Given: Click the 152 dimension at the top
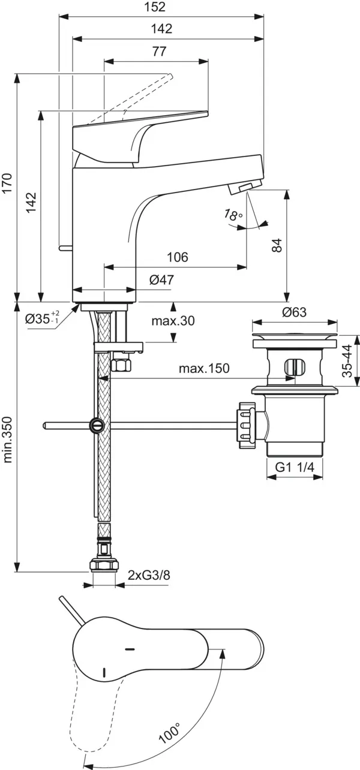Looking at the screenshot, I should pyautogui.click(x=156, y=7).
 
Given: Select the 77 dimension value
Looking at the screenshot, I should pyautogui.click(x=158, y=52).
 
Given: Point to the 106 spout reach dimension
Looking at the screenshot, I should pyautogui.click(x=177, y=257).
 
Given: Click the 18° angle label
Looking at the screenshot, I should pyautogui.click(x=233, y=214).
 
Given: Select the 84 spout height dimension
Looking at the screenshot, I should pyautogui.click(x=277, y=245).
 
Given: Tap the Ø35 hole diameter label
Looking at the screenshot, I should pyautogui.click(x=42, y=319).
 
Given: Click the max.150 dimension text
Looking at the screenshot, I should pyautogui.click(x=204, y=368).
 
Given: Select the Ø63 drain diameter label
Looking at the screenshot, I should pyautogui.click(x=294, y=312).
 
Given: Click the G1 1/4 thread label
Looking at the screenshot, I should pyautogui.click(x=295, y=468).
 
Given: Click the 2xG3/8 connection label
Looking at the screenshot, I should pyautogui.click(x=149, y=575).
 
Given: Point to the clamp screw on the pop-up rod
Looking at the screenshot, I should pyautogui.click(x=95, y=425).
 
